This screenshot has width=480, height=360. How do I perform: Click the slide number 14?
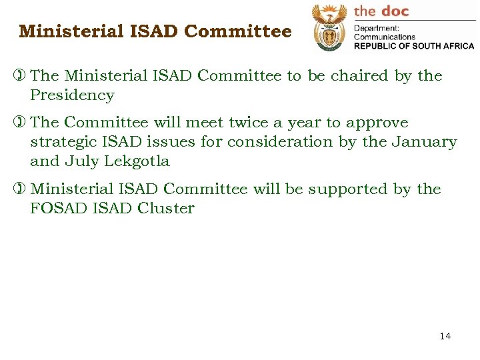(x=445, y=336)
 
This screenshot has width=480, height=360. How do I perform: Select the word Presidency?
(x=72, y=95)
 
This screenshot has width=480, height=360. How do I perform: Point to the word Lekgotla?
(x=137, y=161)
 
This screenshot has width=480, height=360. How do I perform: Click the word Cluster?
(x=166, y=208)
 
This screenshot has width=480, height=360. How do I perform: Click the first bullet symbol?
(x=23, y=76)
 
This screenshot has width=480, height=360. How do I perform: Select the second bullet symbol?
(x=23, y=123)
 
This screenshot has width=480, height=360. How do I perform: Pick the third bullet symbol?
(x=23, y=189)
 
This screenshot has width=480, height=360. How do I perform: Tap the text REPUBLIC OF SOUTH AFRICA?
(x=413, y=46)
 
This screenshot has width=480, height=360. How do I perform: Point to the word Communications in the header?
(x=385, y=37)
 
